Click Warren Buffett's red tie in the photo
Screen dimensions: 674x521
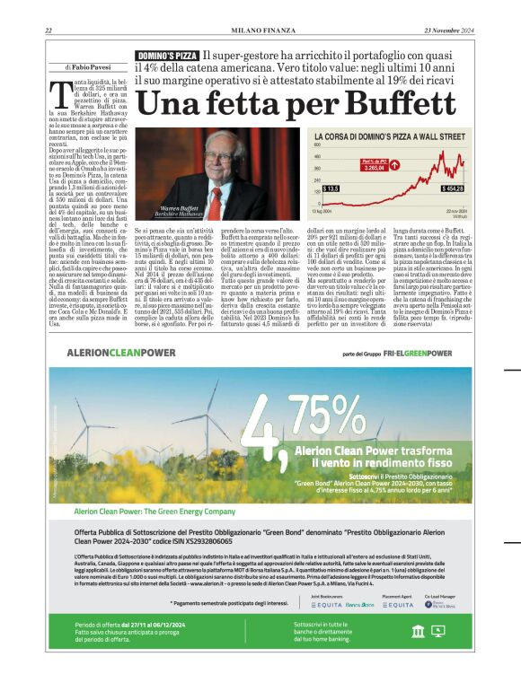click(x=216, y=184)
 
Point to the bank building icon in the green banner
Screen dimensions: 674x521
click(x=417, y=631)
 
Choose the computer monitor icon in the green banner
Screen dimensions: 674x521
click(x=438, y=631)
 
